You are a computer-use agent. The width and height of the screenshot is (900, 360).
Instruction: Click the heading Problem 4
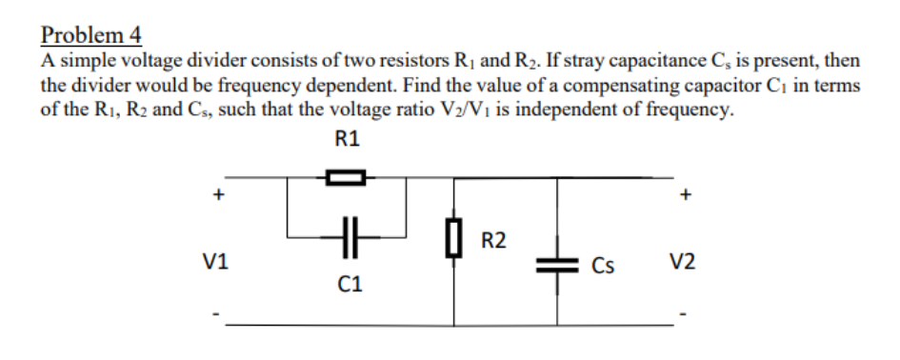tap(91, 35)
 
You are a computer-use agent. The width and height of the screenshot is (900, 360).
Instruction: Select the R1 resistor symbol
tap(347, 177)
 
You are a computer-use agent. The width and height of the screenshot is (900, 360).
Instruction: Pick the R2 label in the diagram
tap(493, 239)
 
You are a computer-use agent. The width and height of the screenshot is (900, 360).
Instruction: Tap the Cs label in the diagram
tap(601, 264)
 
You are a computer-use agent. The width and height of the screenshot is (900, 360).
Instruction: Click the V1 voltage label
tap(218, 259)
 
